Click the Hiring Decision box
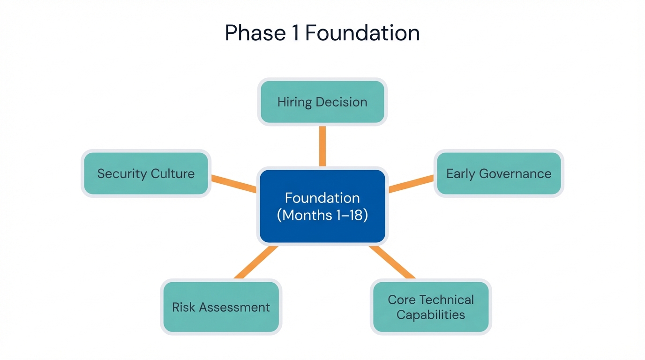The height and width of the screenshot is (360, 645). (x=322, y=102)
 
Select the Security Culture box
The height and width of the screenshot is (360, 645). (x=146, y=173)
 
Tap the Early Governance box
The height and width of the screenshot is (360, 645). (x=498, y=173)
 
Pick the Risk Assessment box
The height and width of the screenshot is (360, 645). (x=221, y=307)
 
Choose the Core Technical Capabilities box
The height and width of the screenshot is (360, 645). (x=431, y=307)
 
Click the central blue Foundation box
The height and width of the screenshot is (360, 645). (x=322, y=206)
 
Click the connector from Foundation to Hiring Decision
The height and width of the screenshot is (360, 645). (x=322, y=146)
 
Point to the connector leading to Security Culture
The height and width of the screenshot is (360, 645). (x=234, y=183)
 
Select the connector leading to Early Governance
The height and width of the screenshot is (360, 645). (x=411, y=183)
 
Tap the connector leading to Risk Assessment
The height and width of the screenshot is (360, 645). (x=255, y=262)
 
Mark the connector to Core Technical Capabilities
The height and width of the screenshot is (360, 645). (x=392, y=262)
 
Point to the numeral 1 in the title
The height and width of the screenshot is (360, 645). (x=296, y=33)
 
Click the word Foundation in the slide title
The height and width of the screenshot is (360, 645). (x=362, y=33)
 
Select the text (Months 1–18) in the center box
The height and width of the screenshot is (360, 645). (x=322, y=215)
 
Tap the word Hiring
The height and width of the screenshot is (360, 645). (x=294, y=102)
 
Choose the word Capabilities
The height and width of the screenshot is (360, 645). (x=431, y=315)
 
